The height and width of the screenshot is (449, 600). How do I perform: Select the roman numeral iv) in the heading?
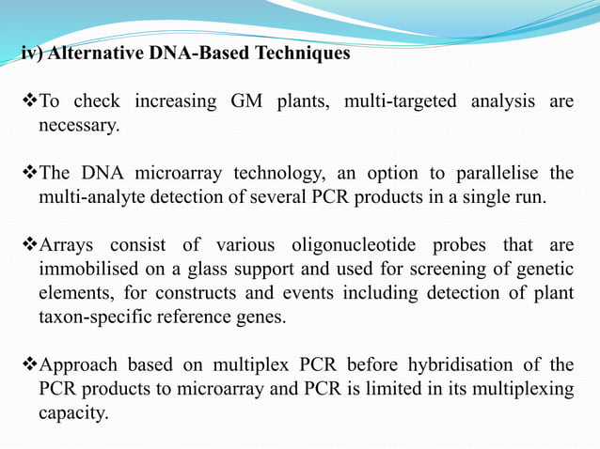(32, 54)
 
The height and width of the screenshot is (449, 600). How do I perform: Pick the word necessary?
(79, 125)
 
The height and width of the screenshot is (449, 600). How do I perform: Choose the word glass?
(234, 270)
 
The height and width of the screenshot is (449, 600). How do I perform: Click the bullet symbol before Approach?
(28, 365)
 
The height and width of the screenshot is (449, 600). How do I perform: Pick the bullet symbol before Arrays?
(28, 246)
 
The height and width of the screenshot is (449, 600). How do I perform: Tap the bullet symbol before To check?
(28, 101)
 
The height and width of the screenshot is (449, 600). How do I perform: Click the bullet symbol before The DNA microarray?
(28, 175)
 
